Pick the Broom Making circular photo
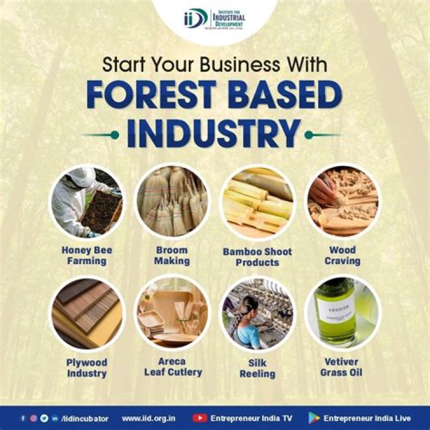coord(172,202)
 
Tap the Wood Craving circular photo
coord(342,202)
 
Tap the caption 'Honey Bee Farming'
coord(87,256)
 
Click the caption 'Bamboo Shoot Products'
coord(257,257)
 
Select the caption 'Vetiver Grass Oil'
coord(342,367)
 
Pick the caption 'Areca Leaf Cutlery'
coord(173,367)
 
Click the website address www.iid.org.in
coord(149,418)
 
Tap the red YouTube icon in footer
coord(200,418)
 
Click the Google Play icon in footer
coord(314,418)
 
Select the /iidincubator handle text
coord(88,418)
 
